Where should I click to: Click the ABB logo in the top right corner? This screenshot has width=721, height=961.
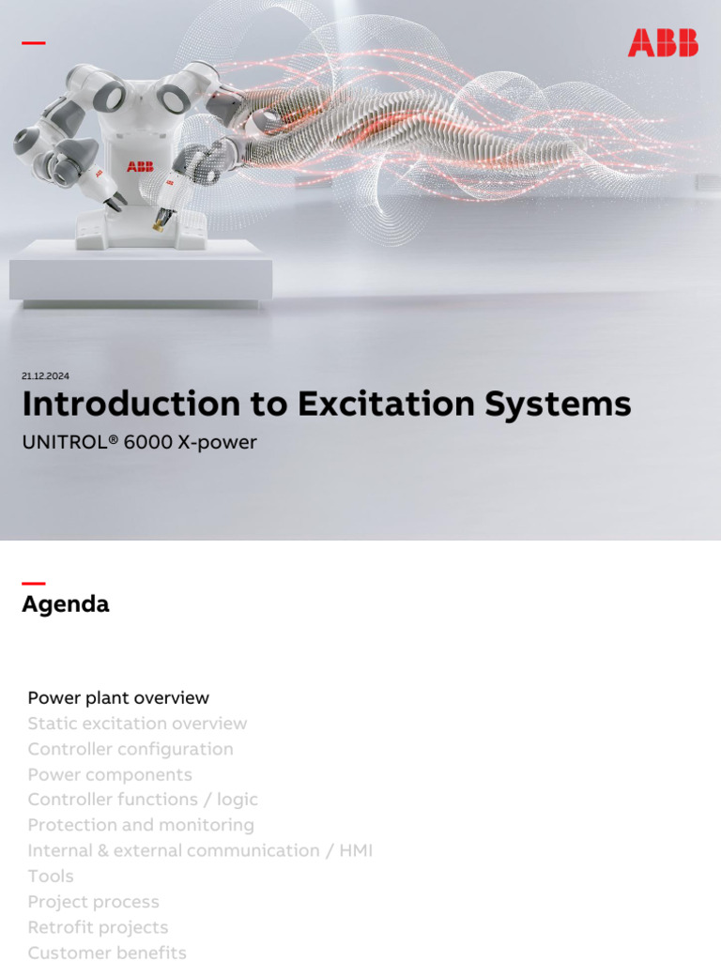pyautogui.click(x=663, y=42)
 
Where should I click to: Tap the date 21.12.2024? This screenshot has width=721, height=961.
pyautogui.click(x=45, y=376)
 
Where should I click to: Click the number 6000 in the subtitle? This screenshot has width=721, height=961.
pyautogui.click(x=149, y=442)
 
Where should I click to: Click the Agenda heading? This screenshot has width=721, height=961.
pyautogui.click(x=66, y=604)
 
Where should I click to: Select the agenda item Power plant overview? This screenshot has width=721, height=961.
pyautogui.click(x=118, y=698)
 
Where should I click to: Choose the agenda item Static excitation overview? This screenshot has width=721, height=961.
pyautogui.click(x=137, y=724)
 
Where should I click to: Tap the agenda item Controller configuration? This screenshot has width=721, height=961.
pyautogui.click(x=130, y=749)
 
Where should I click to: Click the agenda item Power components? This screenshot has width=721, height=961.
pyautogui.click(x=110, y=774)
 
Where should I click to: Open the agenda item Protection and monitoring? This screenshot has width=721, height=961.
pyautogui.click(x=141, y=825)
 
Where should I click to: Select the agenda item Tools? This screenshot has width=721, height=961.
pyautogui.click(x=51, y=876)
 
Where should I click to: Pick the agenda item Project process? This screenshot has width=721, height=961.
pyautogui.click(x=94, y=902)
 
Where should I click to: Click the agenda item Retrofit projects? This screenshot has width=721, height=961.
pyautogui.click(x=98, y=927)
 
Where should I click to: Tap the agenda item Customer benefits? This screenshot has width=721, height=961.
pyautogui.click(x=107, y=953)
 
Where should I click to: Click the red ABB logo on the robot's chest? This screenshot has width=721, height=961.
pyautogui.click(x=140, y=166)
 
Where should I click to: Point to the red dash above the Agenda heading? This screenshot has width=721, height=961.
pyautogui.click(x=33, y=584)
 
